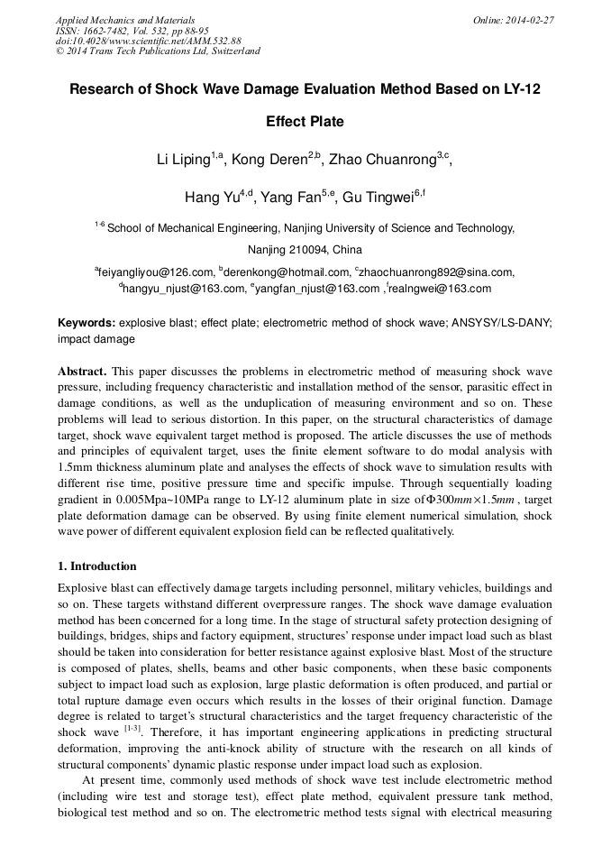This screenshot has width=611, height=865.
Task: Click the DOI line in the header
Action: [149, 41]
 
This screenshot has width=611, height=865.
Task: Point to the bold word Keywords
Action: [87, 323]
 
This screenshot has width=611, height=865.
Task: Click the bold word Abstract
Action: [84, 372]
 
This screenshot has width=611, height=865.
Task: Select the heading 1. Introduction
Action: [96, 566]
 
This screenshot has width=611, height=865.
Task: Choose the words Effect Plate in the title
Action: [305, 122]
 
